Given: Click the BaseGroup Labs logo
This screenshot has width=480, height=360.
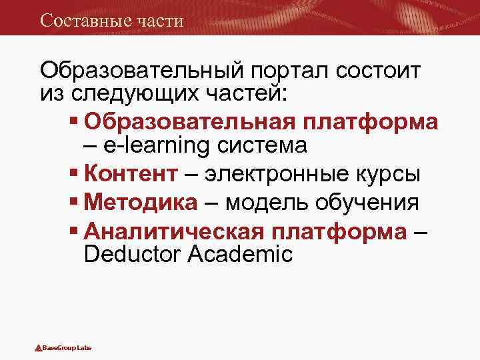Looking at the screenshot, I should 63,347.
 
